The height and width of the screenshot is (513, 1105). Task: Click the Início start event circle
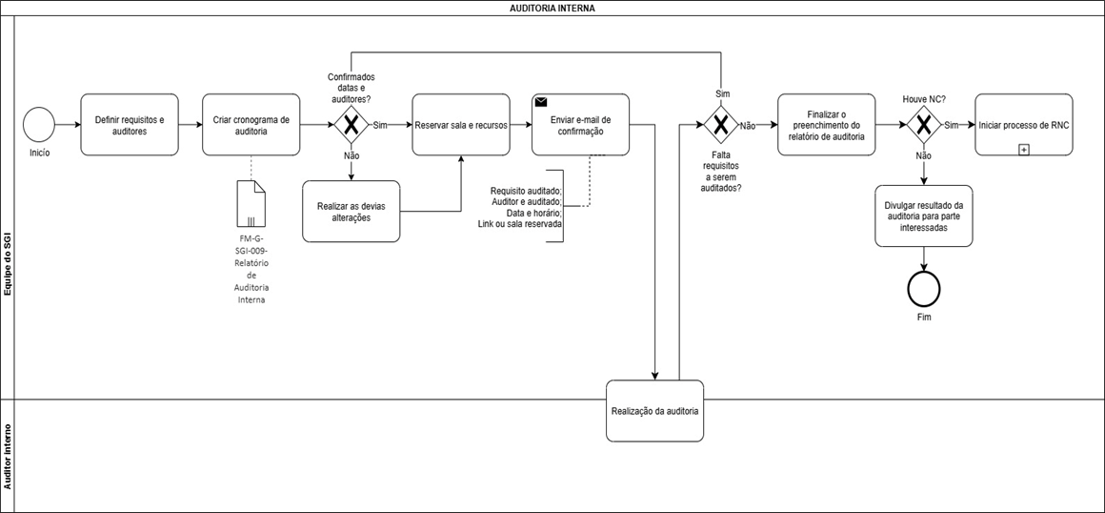coord(39,125)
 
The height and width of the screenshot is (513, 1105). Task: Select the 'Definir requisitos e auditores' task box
coord(129,125)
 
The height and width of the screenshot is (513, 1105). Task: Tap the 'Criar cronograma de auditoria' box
coord(251,125)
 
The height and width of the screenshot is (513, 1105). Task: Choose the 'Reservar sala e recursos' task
coord(461,125)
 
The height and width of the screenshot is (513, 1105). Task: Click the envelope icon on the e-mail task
coord(541,102)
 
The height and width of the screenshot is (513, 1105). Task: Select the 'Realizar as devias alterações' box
coord(351,211)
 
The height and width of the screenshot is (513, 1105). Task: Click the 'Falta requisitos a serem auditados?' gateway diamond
coord(721,125)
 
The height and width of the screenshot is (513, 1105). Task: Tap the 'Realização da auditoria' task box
coord(655,411)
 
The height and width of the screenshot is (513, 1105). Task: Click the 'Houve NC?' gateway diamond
coord(922,125)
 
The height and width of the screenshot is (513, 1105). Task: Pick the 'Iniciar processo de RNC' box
coord(1024,125)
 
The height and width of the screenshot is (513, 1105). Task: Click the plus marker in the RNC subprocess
coord(1024,150)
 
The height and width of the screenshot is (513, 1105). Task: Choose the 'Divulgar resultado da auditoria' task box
coord(923,215)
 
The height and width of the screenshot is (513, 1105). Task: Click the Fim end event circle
coord(923,286)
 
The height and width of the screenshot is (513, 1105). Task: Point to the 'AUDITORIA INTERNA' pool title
coord(552,9)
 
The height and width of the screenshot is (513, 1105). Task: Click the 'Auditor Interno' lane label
coord(8,457)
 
